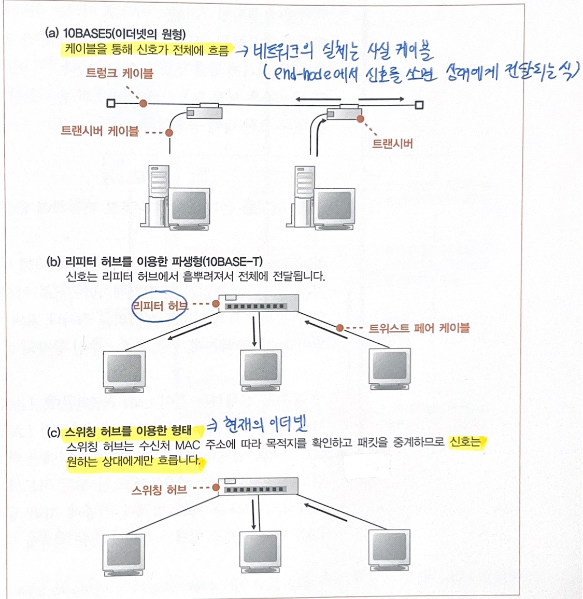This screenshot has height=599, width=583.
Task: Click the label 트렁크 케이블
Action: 120,73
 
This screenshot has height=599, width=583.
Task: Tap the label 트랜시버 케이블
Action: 100,131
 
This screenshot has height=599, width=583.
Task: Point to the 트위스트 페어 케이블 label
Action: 419,328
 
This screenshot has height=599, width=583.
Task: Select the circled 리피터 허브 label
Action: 159,307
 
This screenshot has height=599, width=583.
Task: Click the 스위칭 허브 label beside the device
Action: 159,490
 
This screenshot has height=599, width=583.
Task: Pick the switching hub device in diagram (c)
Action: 258,486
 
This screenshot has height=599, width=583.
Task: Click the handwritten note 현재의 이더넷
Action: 264,425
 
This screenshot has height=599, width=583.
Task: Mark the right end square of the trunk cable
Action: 419,105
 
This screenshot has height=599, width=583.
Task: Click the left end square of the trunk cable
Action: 110,103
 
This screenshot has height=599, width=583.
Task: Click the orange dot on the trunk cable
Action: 143,104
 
